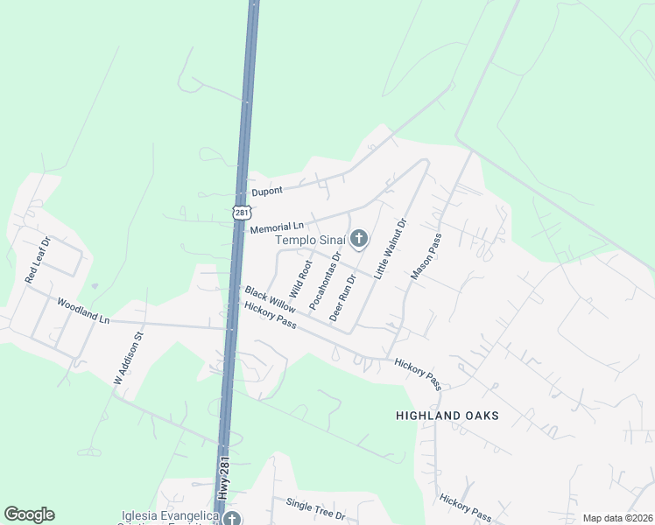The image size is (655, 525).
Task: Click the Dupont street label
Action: (x=269, y=191)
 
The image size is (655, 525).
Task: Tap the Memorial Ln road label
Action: (x=276, y=227)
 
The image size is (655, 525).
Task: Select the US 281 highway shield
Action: (x=242, y=212)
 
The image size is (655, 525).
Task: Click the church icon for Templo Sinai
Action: (x=358, y=238)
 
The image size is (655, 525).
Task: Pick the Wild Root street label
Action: (x=300, y=277)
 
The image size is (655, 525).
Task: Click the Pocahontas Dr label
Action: (x=325, y=280)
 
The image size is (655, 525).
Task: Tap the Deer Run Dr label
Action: (x=342, y=297)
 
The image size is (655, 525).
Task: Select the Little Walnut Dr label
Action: (x=391, y=248)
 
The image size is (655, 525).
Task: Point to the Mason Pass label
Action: (x=427, y=256)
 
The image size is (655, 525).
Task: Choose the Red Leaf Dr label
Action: (x=39, y=260)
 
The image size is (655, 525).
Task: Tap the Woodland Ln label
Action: (x=83, y=311)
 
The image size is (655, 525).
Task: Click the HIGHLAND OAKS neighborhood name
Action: (x=447, y=416)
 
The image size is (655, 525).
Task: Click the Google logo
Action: (x=29, y=514)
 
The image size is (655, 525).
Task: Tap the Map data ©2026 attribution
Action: (x=617, y=518)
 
